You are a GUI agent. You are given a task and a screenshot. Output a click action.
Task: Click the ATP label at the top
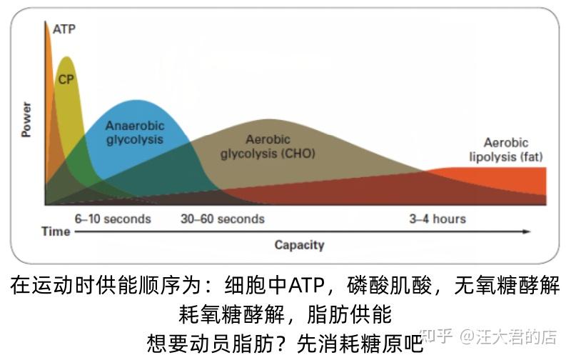pyautogui.click(x=64, y=29)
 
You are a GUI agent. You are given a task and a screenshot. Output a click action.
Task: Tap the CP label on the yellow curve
pyautogui.click(x=66, y=79)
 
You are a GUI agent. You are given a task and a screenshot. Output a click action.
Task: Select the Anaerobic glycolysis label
pyautogui.click(x=135, y=133)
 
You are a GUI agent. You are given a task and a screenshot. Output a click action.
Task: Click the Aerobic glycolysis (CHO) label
pyautogui.click(x=268, y=146)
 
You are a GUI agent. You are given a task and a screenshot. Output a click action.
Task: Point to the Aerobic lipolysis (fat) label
pyautogui.click(x=506, y=150)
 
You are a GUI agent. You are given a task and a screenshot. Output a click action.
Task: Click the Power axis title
pyautogui.click(x=26, y=119)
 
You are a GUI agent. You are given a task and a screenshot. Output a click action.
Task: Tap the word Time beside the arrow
pyautogui.click(x=56, y=231)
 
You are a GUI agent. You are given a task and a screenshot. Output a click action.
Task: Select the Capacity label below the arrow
pyautogui.click(x=299, y=245)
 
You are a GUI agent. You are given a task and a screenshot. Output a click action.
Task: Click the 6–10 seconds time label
pyautogui.click(x=113, y=219)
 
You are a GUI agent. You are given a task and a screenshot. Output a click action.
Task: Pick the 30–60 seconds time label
pyautogui.click(x=223, y=219)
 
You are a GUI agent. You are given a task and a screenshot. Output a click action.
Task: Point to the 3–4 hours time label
pyautogui.click(x=438, y=219)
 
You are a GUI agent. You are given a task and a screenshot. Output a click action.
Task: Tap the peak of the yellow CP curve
pyautogui.click(x=66, y=57)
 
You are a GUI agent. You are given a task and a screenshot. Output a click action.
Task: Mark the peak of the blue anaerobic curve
pyautogui.click(x=136, y=101)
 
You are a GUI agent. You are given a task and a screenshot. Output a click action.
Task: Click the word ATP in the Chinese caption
pyautogui.click(x=305, y=286)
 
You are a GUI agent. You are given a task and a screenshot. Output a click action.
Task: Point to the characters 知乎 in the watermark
pyautogui.click(x=436, y=336)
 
